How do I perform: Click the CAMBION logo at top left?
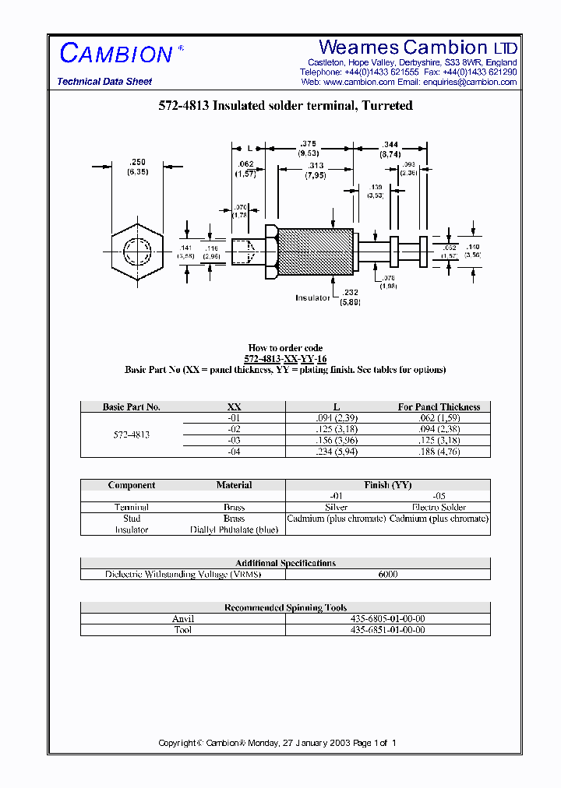pos(116,53)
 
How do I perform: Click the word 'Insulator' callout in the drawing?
pos(312,297)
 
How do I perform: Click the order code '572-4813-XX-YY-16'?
pos(285,359)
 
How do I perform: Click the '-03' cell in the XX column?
pos(234,440)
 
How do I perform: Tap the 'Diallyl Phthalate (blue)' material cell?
pos(234,529)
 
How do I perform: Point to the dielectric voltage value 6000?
pos(387,574)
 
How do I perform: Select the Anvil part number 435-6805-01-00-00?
pos(387,619)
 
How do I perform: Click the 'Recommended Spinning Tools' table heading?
pos(285,607)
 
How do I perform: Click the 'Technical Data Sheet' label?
pos(104,82)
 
